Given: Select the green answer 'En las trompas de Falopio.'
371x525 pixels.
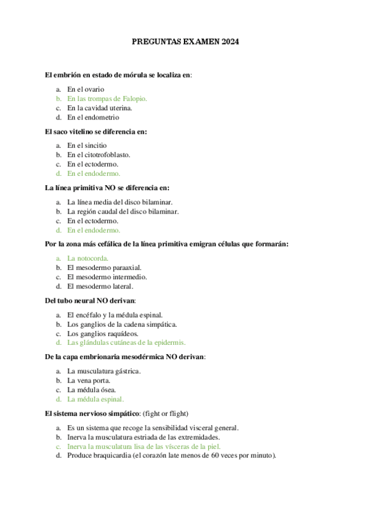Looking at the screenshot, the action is (x=107, y=98).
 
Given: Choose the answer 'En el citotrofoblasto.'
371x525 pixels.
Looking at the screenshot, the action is (x=98, y=155).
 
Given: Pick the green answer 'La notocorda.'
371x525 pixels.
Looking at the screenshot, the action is (x=88, y=258).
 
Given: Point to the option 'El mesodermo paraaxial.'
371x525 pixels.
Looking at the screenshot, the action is (x=102, y=267).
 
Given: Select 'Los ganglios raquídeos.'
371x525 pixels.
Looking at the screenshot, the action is (x=98, y=334).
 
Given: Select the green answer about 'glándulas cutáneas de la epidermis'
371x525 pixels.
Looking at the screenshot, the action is (x=126, y=342).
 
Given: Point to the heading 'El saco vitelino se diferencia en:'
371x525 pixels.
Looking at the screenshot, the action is (x=96, y=131).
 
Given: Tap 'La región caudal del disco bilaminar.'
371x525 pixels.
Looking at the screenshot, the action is (x=123, y=211).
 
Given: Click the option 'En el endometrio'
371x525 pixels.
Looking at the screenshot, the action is (x=93, y=117).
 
